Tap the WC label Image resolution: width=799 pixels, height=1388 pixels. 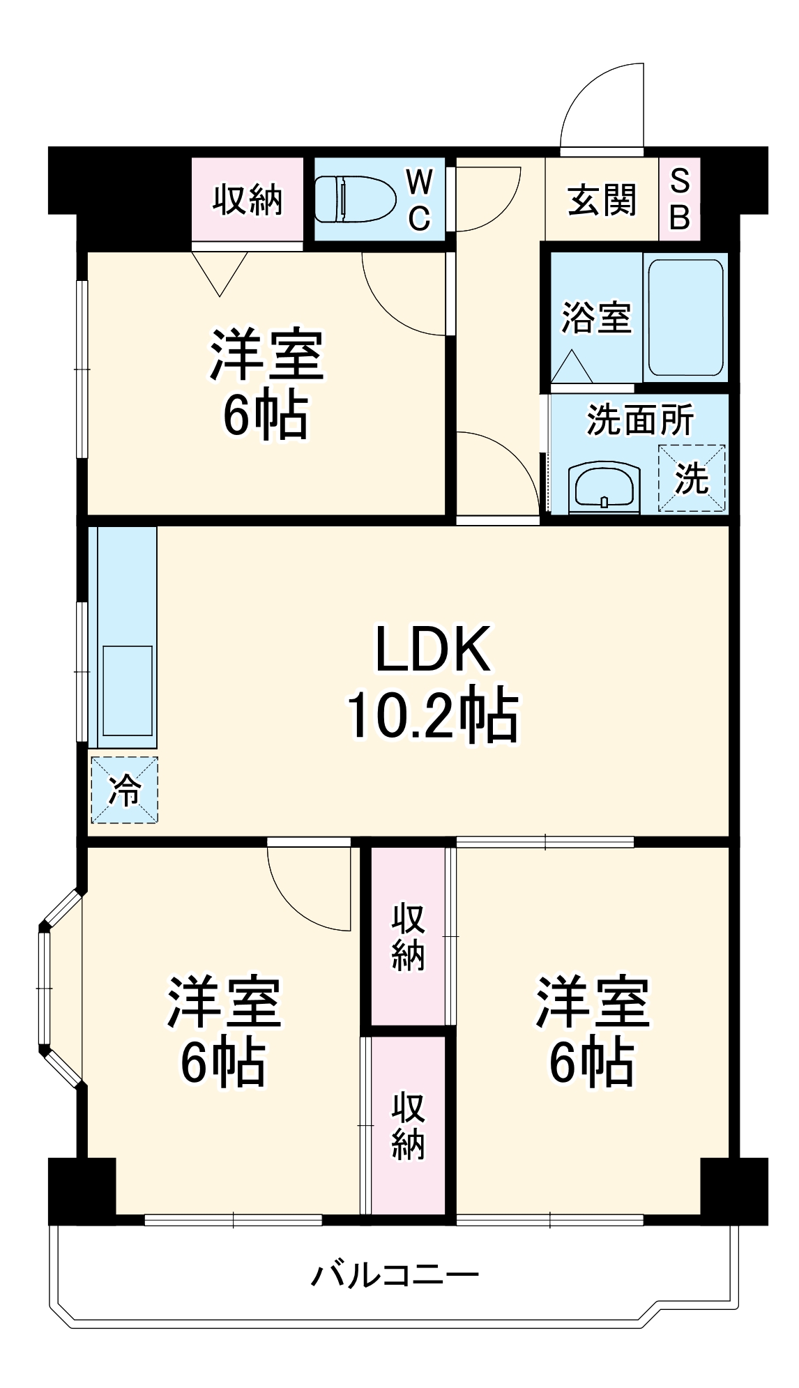tap(419, 201)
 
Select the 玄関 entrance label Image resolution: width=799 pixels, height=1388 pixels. tap(602, 201)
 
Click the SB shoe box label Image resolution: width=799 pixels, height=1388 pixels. tap(680, 199)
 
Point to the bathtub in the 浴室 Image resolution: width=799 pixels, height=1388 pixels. tap(685, 318)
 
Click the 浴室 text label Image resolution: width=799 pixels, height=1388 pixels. tap(596, 318)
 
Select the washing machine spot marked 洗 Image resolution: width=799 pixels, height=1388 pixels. tap(692, 478)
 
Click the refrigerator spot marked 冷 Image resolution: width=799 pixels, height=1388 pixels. tap(125, 790)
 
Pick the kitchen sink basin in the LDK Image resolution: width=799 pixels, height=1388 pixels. tap(128, 690)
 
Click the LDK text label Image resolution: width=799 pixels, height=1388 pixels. tap(433, 650)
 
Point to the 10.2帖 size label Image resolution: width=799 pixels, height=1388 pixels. tap(433, 715)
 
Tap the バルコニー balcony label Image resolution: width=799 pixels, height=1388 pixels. tap(395, 1276)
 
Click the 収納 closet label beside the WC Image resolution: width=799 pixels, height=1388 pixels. tap(248, 201)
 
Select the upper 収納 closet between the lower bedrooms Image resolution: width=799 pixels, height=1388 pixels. tap(408, 936)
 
